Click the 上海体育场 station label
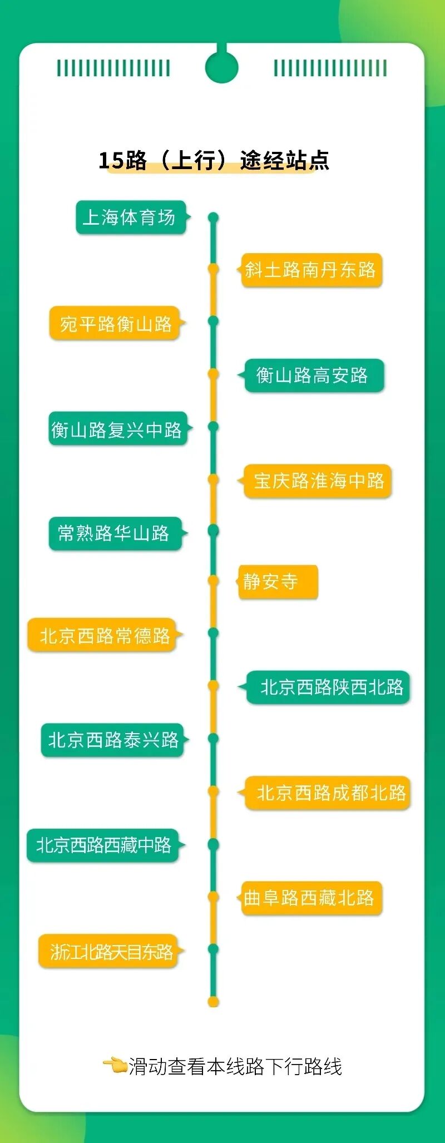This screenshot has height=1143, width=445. tap(130, 217)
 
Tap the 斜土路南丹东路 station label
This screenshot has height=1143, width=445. tap(311, 270)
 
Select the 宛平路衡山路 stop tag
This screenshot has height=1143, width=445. tap(115, 323)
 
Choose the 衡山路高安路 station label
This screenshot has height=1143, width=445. tap(313, 376)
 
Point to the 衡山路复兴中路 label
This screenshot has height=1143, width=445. tap(117, 429)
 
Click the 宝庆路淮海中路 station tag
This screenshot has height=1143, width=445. tap(318, 481)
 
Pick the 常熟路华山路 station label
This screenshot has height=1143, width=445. tap(115, 534)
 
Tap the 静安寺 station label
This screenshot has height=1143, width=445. tap(278, 582)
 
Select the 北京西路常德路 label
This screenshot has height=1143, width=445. tap(103, 635)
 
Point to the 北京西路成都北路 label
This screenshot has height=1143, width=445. tap(328, 793)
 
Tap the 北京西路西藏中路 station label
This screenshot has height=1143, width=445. tap(103, 845)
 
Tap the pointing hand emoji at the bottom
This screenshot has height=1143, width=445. tap(115, 1066)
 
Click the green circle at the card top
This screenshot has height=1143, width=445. tap(221, 67)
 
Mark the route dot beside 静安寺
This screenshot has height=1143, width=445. tap(214, 581)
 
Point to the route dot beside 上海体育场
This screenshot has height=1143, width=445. tap(214, 217)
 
